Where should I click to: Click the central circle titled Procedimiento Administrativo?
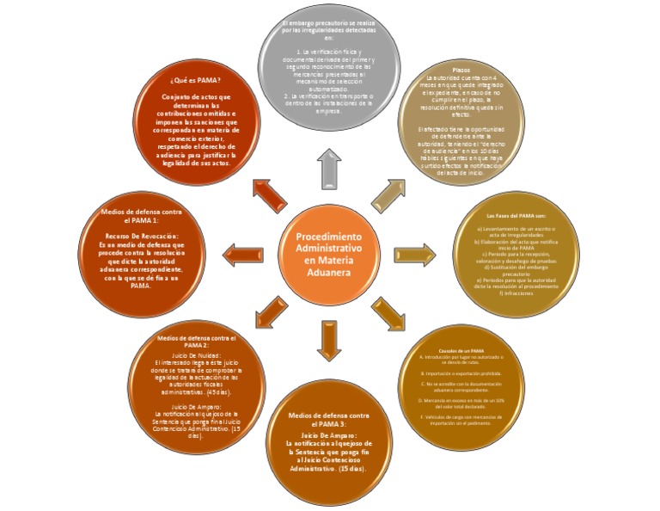329,254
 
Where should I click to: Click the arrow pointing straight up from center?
330,169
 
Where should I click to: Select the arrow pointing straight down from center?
330,339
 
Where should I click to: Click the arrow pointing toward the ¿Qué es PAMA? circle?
269,194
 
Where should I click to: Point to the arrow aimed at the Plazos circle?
388,195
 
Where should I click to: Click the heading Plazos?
461,70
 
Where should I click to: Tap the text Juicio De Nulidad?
198,354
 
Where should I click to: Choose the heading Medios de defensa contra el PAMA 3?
330,420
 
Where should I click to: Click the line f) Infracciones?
516,293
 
